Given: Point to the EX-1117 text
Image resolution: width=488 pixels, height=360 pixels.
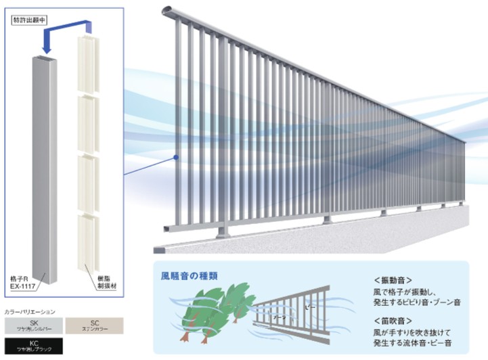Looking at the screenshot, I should pos(24,288).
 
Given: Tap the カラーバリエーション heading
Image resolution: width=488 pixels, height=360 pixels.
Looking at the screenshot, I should pos(30,312).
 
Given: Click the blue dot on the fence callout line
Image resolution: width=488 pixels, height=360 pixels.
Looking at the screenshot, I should pos(176,158).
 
